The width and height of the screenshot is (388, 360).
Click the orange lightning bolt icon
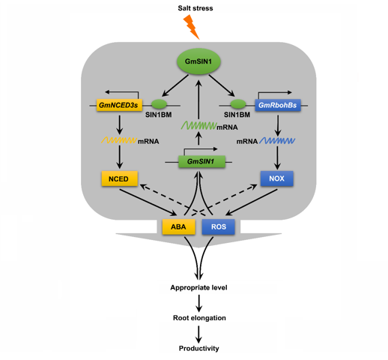(x=192, y=27)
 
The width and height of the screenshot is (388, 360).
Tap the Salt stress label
(x=195, y=8)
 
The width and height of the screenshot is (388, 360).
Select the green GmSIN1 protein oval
(x=198, y=61)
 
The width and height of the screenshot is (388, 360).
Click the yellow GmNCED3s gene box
(x=119, y=105)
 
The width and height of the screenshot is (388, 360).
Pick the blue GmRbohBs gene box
(x=278, y=105)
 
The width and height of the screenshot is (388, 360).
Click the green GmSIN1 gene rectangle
(x=201, y=161)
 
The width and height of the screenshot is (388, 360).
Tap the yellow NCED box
(x=120, y=178)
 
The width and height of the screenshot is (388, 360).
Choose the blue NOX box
(x=277, y=178)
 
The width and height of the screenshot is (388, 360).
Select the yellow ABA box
(x=178, y=226)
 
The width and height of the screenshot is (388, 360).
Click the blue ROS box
(x=218, y=226)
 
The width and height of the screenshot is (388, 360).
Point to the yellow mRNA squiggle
(x=119, y=140)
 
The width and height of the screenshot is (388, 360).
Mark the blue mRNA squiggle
(x=277, y=141)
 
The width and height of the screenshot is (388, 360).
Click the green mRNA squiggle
(x=198, y=125)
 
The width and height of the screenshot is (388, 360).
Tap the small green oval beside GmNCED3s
(x=159, y=103)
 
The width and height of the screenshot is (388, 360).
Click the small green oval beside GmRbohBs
(x=238, y=103)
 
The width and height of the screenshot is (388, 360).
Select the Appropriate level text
(x=198, y=287)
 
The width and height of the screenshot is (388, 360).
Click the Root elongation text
(x=199, y=318)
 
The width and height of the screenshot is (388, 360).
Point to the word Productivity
(x=198, y=349)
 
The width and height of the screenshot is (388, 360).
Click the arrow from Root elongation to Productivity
(x=198, y=334)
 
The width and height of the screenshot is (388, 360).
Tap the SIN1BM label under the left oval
(x=159, y=115)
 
